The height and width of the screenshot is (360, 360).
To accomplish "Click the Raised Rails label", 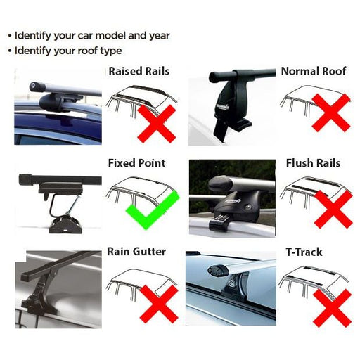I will (139, 71).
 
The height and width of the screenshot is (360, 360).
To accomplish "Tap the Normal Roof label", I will (314, 71).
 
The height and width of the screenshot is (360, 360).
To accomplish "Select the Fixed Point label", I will (136, 163).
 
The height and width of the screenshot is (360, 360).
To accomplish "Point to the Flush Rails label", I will (313, 163).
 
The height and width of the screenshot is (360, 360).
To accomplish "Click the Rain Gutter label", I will (137, 250).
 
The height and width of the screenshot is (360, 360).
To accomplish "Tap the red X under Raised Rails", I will (157, 124).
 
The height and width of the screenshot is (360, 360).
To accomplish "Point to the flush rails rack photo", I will (231, 196).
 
